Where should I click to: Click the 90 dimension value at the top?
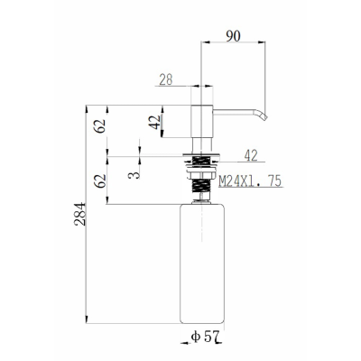[x=234, y=36]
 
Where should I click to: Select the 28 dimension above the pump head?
[x=166, y=79]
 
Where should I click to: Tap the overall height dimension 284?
[x=80, y=214]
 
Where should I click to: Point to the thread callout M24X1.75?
[x=250, y=181]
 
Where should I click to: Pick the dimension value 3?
[x=134, y=175]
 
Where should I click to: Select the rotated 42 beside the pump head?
[x=155, y=122]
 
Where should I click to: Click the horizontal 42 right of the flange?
[x=251, y=155]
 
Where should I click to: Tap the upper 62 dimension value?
[x=100, y=125]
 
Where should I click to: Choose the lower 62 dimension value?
[x=100, y=181]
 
